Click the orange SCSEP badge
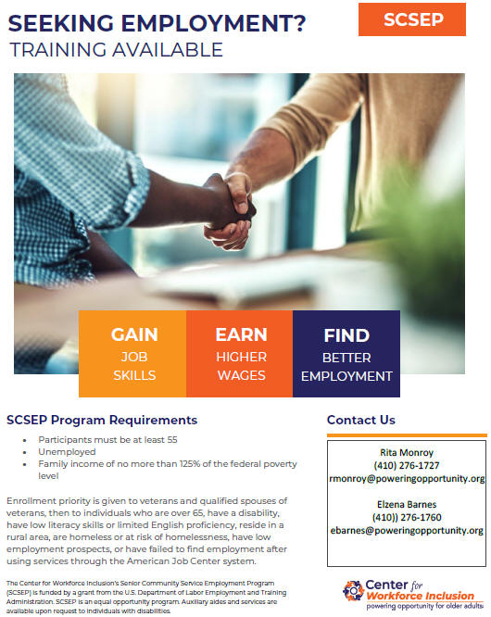[x=412, y=19]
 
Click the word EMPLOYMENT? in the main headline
[x=213, y=23]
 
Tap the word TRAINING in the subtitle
[x=57, y=50]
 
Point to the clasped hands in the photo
[x=231, y=210]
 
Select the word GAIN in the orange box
[x=134, y=334]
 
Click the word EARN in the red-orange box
[x=241, y=334]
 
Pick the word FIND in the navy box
[x=346, y=335]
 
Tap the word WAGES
[x=241, y=375]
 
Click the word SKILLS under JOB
[x=134, y=375]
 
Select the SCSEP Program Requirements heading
[x=102, y=420]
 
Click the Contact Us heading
[x=360, y=420]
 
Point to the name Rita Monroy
[x=407, y=452]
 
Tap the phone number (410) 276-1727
[x=407, y=465]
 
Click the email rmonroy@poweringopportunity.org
[x=407, y=478]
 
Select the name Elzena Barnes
[x=407, y=505]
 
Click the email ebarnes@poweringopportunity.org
[x=407, y=531]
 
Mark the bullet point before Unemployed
[x=25, y=452]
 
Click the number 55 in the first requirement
[x=172, y=440]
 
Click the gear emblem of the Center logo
[x=353, y=591]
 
